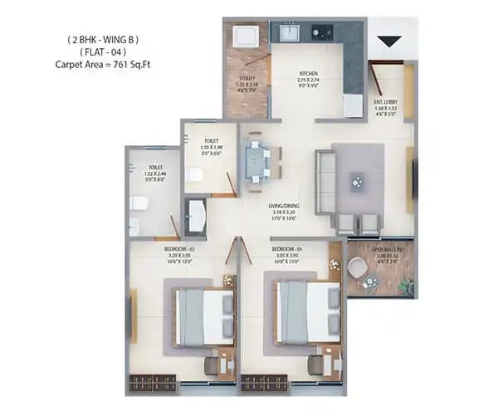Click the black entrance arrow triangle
point(388,39)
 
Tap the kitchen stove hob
point(322,33)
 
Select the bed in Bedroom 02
point(203,315)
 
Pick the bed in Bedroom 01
point(307,313)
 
